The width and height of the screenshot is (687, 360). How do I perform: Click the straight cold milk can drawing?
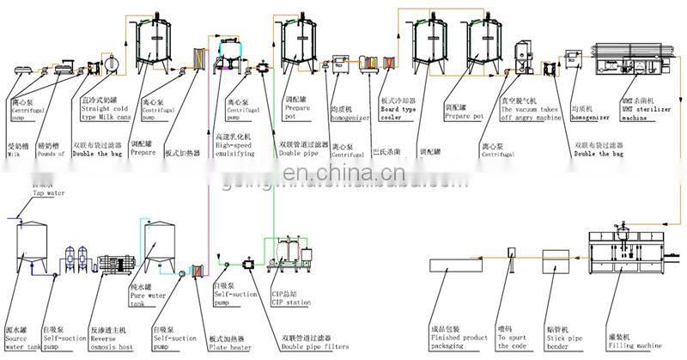[x=110, y=65]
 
